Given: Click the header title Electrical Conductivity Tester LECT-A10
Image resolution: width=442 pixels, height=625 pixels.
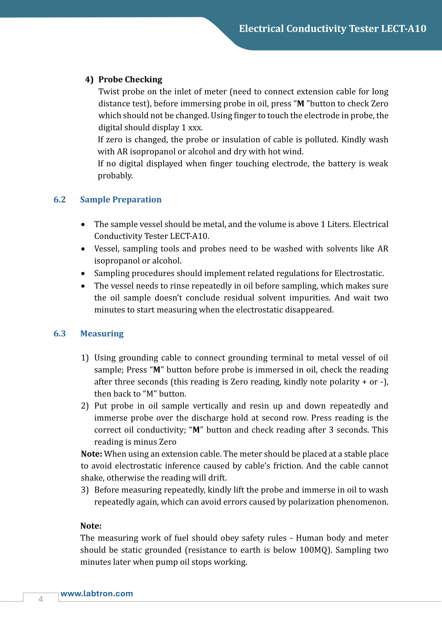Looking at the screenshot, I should tap(332, 29).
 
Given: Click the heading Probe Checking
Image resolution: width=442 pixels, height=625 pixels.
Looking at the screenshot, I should tap(130, 79).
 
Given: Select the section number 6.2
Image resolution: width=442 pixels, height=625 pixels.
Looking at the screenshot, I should tap(60, 200).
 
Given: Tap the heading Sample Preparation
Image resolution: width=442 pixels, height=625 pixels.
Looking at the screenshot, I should tap(121, 200).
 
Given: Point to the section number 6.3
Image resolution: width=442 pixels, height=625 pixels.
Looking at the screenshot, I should tap(60, 333).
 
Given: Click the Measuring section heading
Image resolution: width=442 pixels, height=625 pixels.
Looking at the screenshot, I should tap(102, 333).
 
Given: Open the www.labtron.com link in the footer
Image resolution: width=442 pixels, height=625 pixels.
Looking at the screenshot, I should tap(97, 593).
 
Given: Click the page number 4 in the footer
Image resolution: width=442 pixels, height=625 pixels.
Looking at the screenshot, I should tap(41, 599).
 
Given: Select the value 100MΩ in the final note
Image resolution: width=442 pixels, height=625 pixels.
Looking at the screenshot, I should tap(315, 550).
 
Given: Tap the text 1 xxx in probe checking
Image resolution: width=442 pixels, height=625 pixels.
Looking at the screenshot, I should tap(192, 127).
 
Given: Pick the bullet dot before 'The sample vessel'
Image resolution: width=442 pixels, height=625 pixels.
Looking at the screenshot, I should tap(83, 224).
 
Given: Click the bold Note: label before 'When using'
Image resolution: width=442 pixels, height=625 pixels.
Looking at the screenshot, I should tap(91, 454).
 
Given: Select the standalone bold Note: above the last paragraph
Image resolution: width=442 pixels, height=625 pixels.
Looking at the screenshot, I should tap(91, 526).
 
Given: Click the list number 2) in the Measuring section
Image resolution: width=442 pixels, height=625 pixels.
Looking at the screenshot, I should tap(85, 406).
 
